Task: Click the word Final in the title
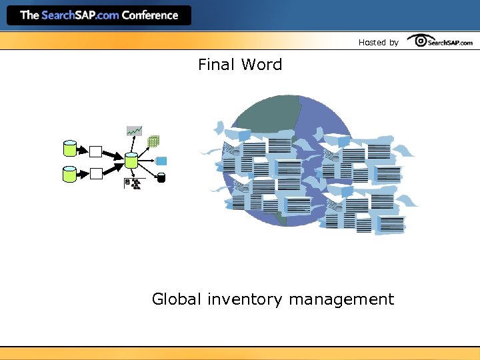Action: point(216,65)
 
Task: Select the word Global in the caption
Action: point(176,299)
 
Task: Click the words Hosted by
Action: point(378,43)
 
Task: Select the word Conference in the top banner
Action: point(150,15)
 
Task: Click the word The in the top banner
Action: point(29,15)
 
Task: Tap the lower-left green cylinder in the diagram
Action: point(69,173)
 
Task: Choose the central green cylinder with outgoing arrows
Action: point(131,160)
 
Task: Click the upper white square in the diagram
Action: point(96,151)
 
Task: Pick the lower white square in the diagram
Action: point(96,173)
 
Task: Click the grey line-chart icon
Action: point(135,131)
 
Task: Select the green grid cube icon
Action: point(153,141)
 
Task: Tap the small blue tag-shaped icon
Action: point(161,160)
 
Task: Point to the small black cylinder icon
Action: point(161,177)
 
